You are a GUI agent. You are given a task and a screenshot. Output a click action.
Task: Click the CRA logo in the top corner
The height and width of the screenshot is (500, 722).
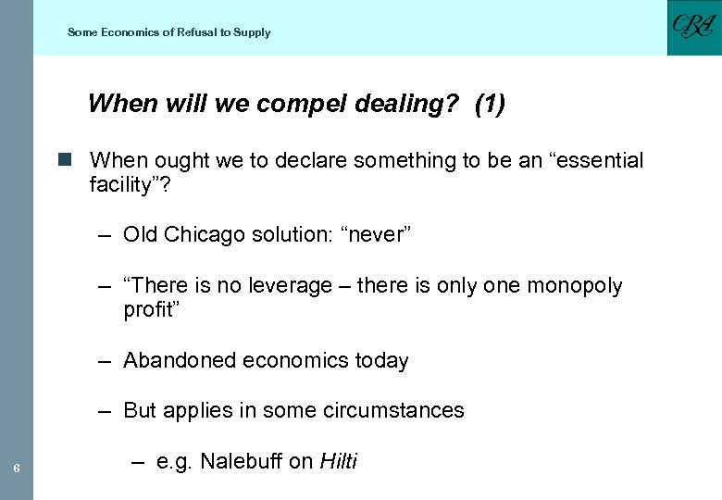point(693,28)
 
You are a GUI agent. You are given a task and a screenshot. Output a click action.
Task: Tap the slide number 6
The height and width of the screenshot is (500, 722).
point(17,468)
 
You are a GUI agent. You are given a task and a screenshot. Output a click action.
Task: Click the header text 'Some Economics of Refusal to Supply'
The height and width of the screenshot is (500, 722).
point(168,32)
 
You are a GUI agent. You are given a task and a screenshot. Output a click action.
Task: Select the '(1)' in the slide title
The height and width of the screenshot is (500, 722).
point(490,104)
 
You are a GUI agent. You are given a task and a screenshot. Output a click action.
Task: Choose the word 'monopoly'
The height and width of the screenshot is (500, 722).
point(575,286)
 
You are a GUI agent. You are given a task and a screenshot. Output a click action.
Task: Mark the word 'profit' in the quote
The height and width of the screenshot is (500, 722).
point(148,310)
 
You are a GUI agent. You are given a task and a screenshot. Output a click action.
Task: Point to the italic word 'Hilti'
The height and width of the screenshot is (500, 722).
point(338,461)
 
